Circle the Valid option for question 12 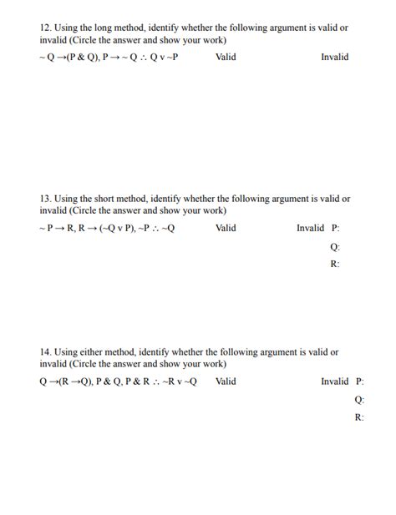(225, 57)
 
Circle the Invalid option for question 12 (334, 57)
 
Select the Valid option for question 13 (225, 228)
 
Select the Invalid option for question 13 (310, 228)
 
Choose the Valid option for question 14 (225, 381)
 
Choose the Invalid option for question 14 (334, 381)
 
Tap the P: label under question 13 (335, 228)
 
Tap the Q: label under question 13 (335, 246)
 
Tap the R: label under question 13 (335, 264)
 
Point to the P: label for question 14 (359, 381)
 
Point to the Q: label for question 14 (359, 400)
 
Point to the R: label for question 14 (359, 417)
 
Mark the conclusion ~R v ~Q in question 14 (178, 381)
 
